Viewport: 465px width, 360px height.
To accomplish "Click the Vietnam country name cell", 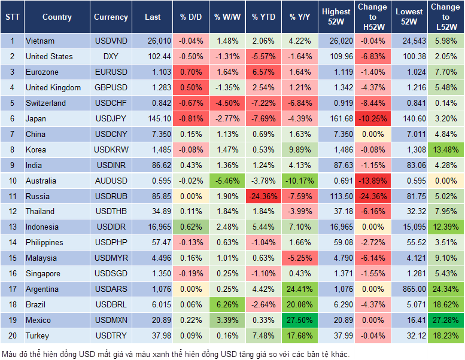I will pos(40,41).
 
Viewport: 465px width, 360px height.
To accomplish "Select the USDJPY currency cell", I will pos(110,118).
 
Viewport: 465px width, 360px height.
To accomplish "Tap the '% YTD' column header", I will pos(263,17).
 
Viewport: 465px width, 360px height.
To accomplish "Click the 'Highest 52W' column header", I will pos(336,17).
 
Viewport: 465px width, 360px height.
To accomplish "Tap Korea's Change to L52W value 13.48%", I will pos(446,150).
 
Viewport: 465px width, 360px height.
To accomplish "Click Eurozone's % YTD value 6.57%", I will pos(263,72).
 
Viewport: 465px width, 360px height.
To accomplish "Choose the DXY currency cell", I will pos(110,56).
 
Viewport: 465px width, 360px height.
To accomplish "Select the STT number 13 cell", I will pos(11,227).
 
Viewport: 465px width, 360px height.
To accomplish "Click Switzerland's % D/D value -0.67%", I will pos(191,103).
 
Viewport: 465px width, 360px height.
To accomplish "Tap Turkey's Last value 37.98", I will pos(153,335).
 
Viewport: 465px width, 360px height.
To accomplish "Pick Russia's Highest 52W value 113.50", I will pos(336,196).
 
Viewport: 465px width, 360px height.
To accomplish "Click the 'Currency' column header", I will pos(110,17).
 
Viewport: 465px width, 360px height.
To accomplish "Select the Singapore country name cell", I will pos(43,273).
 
